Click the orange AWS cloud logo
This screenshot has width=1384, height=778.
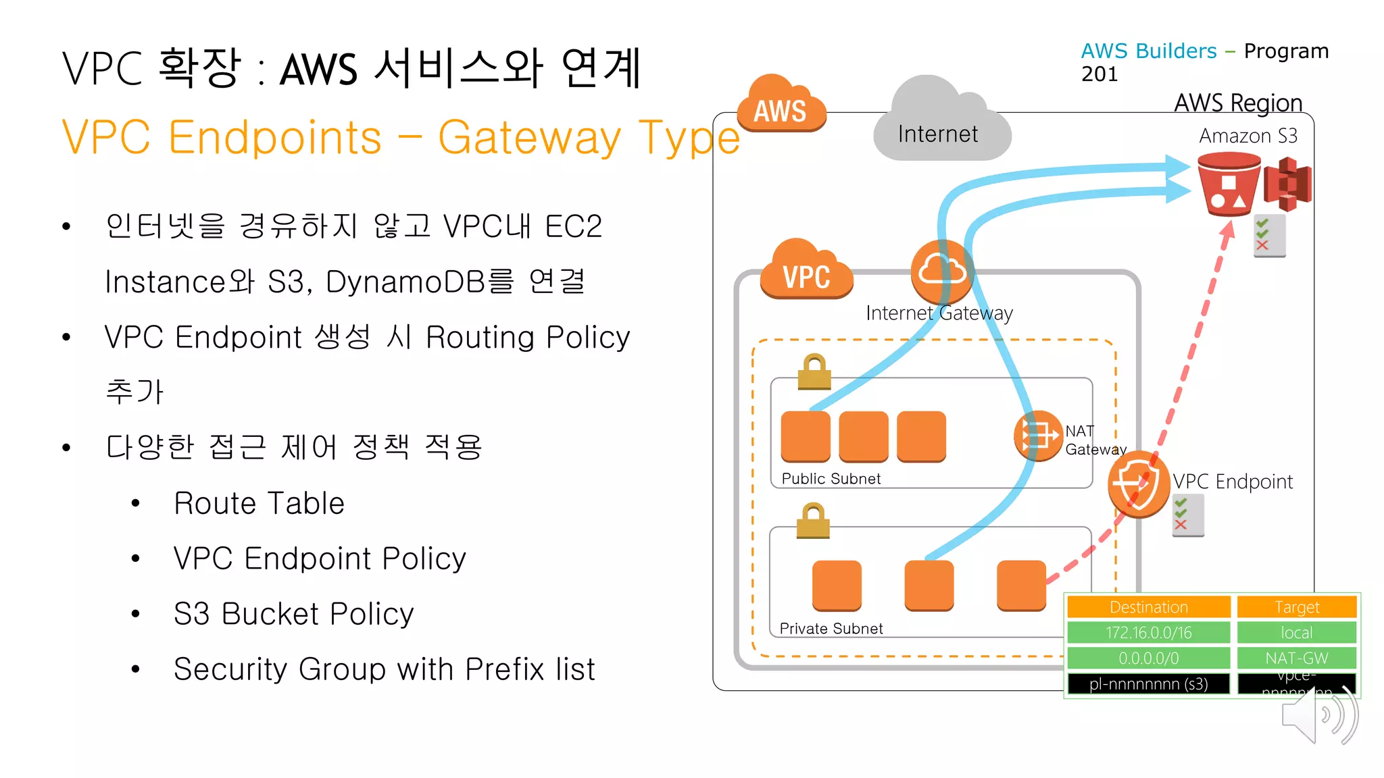[781, 105]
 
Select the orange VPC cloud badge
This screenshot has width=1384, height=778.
[806, 271]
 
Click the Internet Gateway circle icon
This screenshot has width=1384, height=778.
[941, 271]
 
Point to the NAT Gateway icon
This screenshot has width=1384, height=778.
[1038, 436]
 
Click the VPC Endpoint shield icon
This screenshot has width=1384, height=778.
[1139, 484]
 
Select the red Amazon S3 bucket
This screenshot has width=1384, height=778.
[1228, 184]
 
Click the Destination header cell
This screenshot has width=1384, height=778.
[1148, 606]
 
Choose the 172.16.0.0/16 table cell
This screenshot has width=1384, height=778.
[1148, 632]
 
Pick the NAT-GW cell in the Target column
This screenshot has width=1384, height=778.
[1296, 657]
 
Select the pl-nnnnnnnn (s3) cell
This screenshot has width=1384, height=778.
[1148, 683]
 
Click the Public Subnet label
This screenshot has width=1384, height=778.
[831, 478]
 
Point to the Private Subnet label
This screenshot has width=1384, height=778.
[831, 628]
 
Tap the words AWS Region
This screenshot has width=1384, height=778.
[1237, 103]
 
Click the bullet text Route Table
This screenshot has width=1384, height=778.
[259, 503]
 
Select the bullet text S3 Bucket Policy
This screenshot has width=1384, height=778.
[293, 613]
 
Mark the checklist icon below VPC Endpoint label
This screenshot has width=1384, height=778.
[1187, 515]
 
